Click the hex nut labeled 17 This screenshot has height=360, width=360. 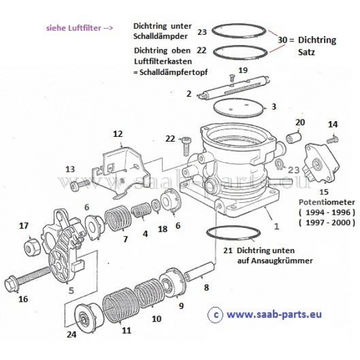tap(32, 248)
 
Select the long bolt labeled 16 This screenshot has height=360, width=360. tap(27, 279)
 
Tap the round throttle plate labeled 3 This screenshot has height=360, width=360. tap(238, 107)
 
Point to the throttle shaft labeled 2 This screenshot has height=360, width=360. tap(234, 88)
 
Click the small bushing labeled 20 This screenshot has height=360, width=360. tap(294, 136)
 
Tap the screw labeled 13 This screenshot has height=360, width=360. tap(80, 185)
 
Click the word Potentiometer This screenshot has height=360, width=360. tap(327, 202)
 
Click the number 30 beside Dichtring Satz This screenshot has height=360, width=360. tap(283, 40)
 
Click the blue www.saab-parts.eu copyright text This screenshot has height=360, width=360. tap(274, 314)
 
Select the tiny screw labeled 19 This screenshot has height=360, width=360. tap(232, 78)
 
